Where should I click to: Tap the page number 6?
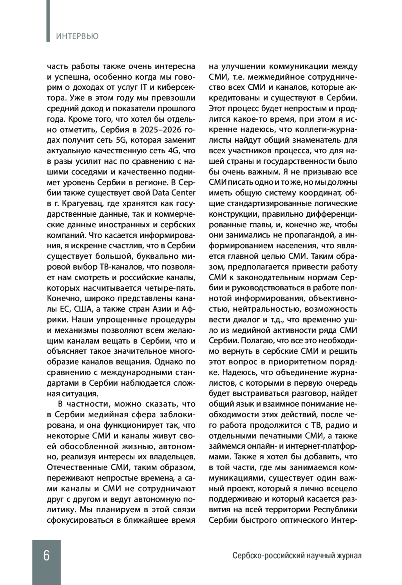(46, 555)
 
